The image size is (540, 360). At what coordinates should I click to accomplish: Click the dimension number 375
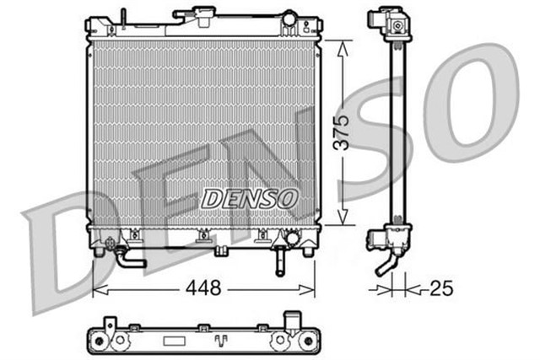341,132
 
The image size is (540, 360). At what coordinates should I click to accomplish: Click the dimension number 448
203,289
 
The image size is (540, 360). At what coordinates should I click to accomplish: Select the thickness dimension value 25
440,289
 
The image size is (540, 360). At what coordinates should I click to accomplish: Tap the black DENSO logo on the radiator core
249,198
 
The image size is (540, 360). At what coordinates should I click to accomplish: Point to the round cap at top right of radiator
289,18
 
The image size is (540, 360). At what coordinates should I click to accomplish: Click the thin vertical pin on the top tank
123,18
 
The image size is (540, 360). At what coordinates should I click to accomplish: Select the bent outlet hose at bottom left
129,258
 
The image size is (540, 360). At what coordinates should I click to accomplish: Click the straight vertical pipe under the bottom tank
279,263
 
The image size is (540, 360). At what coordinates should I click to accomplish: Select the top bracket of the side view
391,27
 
